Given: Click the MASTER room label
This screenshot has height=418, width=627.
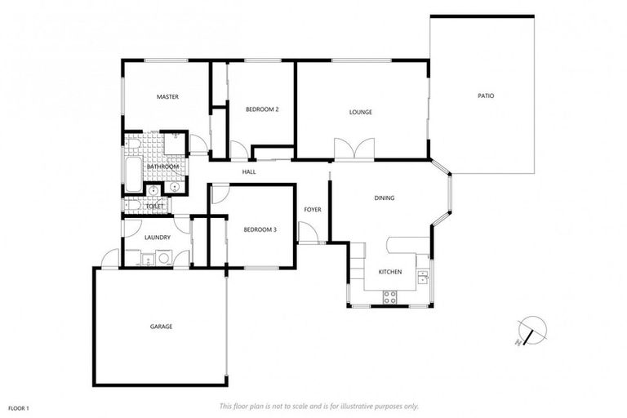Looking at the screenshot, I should coord(167,97).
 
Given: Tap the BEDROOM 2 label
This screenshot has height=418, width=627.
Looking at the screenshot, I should coord(263,109).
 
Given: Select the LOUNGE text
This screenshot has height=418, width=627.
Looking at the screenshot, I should coord(361,112).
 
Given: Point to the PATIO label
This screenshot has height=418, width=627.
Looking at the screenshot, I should coord(486,96).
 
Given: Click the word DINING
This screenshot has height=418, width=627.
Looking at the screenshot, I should coord(385,198).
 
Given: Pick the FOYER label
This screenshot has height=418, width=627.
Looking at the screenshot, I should coord(313,210).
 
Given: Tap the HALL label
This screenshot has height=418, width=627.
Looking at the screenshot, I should coord(249,172).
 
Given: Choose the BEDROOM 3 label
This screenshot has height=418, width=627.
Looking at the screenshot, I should coord(260,229).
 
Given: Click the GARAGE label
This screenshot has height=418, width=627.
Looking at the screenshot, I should coord(161,327).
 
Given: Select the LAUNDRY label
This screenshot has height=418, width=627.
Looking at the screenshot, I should coord(157,238).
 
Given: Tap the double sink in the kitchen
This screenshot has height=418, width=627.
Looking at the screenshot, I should coord(422,277).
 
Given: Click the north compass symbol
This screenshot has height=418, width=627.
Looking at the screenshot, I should coord(532,329).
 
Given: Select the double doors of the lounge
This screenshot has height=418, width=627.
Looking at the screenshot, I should coord(354,149).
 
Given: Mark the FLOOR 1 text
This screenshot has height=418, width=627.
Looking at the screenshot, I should coord(18,407).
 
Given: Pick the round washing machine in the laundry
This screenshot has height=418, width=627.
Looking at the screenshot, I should coord(163,260).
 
